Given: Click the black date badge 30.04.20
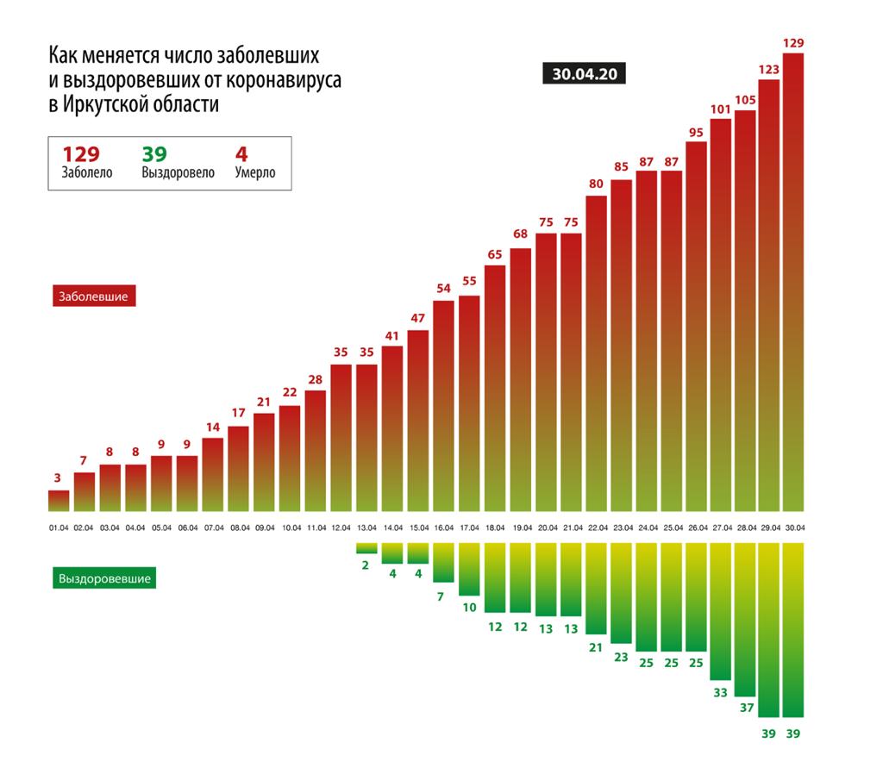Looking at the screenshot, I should (584, 74).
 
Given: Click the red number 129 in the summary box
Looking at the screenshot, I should (81, 154).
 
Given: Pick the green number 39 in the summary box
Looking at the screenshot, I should (154, 154).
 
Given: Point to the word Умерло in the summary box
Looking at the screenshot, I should (255, 172).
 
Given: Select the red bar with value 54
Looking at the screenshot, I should (443, 405).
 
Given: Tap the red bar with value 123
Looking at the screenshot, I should (768, 293).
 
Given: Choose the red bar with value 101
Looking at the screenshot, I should (720, 315).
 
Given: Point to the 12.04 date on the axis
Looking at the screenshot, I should (341, 527).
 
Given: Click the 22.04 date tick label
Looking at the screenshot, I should (597, 527).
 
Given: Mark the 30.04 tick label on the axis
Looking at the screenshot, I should (793, 527).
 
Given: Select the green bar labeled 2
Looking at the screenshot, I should (366, 547).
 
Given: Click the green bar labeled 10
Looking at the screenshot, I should (469, 569).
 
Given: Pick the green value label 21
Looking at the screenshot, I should (596, 648).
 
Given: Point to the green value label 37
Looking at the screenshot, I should (745, 708).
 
